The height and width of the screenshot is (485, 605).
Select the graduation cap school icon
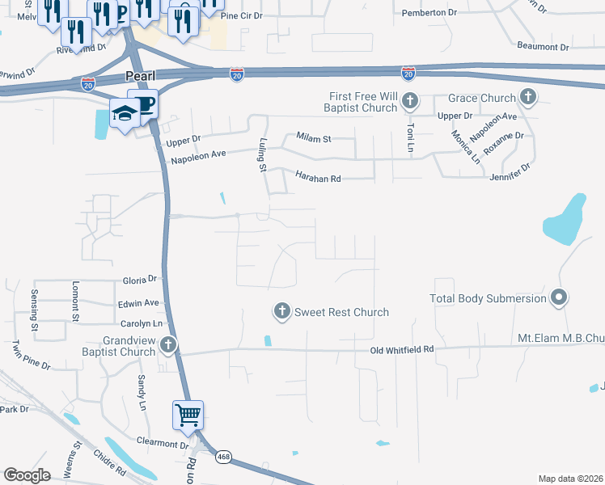[x=125, y=115]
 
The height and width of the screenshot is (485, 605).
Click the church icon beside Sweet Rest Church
[x=281, y=311]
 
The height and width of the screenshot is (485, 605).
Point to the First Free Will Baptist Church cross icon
[x=410, y=101]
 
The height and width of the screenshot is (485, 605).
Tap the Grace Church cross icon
[x=528, y=98]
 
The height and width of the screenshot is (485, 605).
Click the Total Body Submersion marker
[x=558, y=298]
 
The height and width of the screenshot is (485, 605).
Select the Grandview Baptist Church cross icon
[x=168, y=345]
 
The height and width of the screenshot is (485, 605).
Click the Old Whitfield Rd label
[x=402, y=349]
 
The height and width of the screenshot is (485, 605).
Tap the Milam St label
[x=314, y=139]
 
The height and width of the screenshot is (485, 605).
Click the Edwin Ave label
[x=137, y=302]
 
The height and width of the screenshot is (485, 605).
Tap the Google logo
[x=27, y=475]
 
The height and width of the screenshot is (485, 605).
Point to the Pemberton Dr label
[x=434, y=13]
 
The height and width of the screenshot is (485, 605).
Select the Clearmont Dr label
[x=162, y=444]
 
